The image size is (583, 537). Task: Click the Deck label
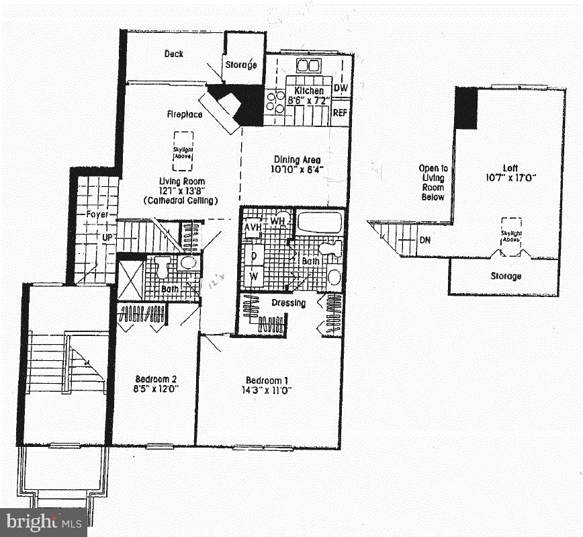click(174, 54)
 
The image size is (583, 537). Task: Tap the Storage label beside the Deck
click(241, 65)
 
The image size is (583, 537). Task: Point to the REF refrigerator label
click(341, 113)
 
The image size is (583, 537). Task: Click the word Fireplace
click(185, 115)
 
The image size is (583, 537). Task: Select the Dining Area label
click(297, 160)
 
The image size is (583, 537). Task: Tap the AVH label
click(252, 226)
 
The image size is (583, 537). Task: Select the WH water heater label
click(278, 220)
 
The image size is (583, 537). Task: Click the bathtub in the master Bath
click(319, 222)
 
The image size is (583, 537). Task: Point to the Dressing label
click(288, 303)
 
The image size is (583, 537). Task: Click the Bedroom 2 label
click(155, 378)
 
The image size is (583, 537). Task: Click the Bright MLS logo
click(43, 522)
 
